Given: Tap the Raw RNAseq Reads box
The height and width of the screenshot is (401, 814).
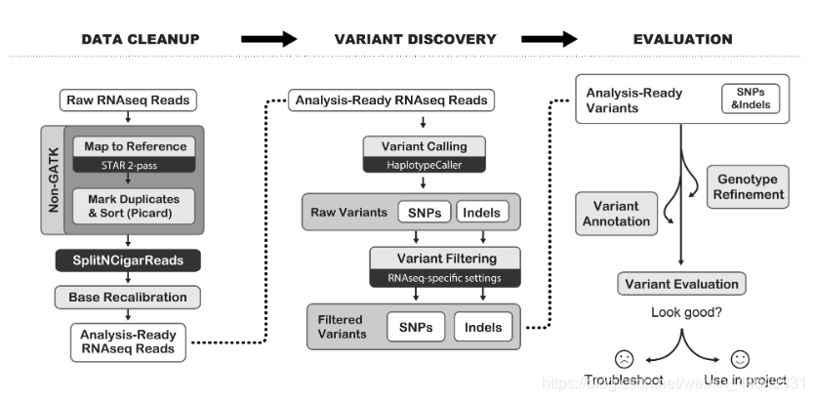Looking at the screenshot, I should pyautogui.click(x=129, y=100).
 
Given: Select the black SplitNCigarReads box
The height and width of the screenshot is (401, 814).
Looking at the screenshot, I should pyautogui.click(x=129, y=261).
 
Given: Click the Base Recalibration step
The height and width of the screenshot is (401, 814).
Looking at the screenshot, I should pyautogui.click(x=129, y=296).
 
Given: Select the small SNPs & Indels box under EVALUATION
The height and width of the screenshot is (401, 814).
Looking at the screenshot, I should pyautogui.click(x=751, y=98).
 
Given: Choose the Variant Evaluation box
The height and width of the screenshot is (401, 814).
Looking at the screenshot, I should pyautogui.click(x=681, y=285).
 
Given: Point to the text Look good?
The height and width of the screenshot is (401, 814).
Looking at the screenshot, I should pyautogui.click(x=681, y=314).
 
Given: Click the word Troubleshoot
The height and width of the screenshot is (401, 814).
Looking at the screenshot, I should pyautogui.click(x=625, y=381).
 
